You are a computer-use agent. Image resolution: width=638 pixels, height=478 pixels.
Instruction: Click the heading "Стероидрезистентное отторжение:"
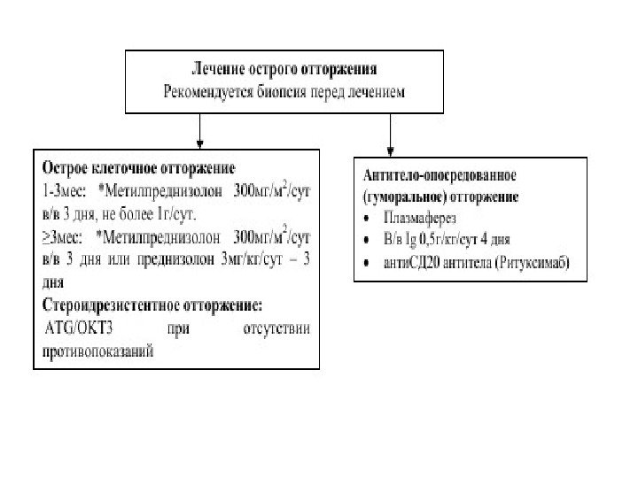(x=152, y=307)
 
